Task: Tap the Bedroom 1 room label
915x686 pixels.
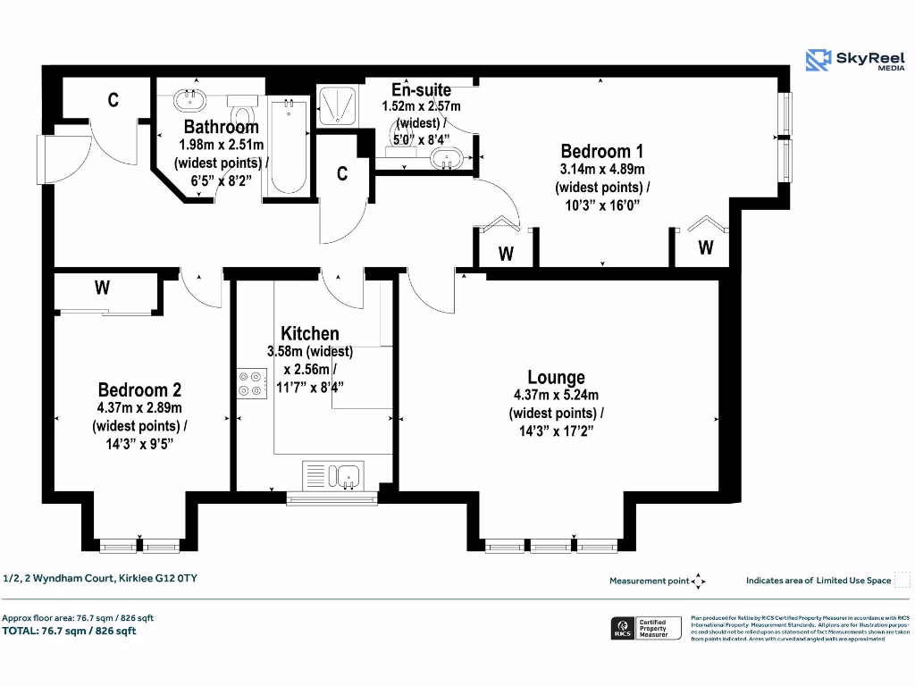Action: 601,151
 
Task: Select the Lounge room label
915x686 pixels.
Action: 556,377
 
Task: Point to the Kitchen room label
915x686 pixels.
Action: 310,333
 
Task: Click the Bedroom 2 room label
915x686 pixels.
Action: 139,389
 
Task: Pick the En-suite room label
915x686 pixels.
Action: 421,89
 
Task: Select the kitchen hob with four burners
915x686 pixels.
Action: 250,383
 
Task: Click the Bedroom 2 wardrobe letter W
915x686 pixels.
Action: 103,288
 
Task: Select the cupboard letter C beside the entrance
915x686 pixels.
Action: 113,100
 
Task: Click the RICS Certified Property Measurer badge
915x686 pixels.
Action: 646,628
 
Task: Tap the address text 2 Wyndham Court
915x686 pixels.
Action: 100,578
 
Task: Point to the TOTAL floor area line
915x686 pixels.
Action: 70,631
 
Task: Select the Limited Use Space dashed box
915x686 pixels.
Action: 902,580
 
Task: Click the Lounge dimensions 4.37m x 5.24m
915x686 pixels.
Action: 556,396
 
